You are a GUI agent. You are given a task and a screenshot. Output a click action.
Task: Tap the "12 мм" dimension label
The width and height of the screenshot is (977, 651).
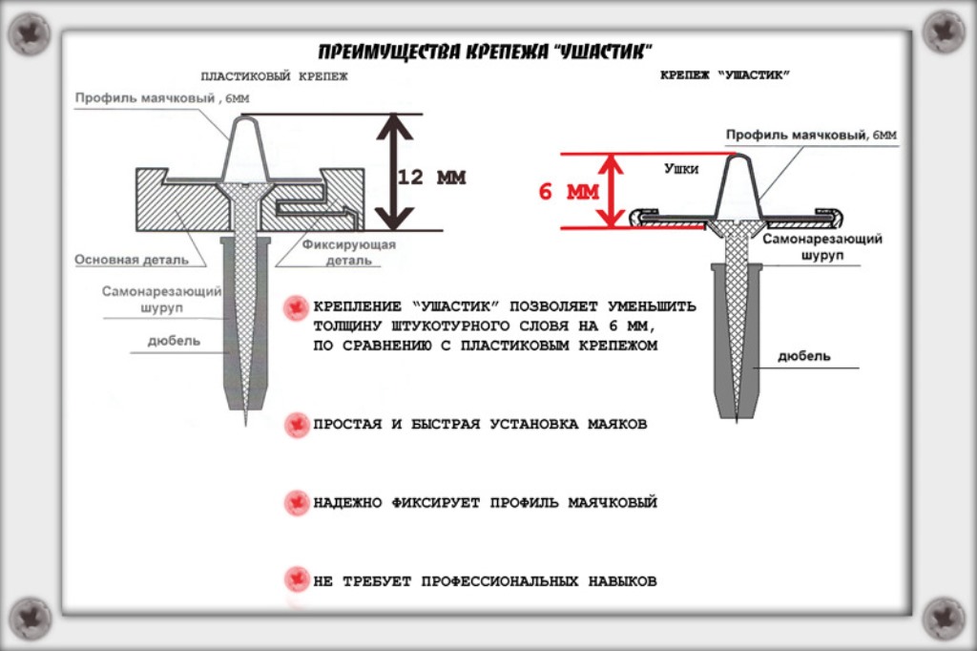click(x=431, y=178)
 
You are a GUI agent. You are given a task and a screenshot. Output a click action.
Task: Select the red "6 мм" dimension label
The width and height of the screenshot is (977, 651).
click(x=569, y=192)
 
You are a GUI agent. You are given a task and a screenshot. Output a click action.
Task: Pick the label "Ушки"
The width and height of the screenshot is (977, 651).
click(x=681, y=169)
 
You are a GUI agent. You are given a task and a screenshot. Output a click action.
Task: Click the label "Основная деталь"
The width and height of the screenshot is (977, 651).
click(x=133, y=260)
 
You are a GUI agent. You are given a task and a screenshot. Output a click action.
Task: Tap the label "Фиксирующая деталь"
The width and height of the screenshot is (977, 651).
click(x=349, y=252)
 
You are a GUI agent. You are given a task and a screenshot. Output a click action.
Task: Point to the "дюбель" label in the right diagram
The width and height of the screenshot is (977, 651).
click(x=803, y=356)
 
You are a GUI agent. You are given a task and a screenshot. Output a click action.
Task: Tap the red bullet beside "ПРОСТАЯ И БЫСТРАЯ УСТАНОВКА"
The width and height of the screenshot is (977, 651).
click(x=297, y=424)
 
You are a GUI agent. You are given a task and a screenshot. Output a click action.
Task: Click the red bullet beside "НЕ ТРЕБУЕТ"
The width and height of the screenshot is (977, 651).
click(x=297, y=579)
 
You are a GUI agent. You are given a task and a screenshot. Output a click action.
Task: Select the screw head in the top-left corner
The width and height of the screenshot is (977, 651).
click(x=29, y=34)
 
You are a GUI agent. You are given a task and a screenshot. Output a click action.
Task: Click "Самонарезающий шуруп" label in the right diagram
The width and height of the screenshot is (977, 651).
click(x=821, y=247)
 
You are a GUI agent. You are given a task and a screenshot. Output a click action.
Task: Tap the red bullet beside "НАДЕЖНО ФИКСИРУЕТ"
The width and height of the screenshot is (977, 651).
click(x=297, y=502)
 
